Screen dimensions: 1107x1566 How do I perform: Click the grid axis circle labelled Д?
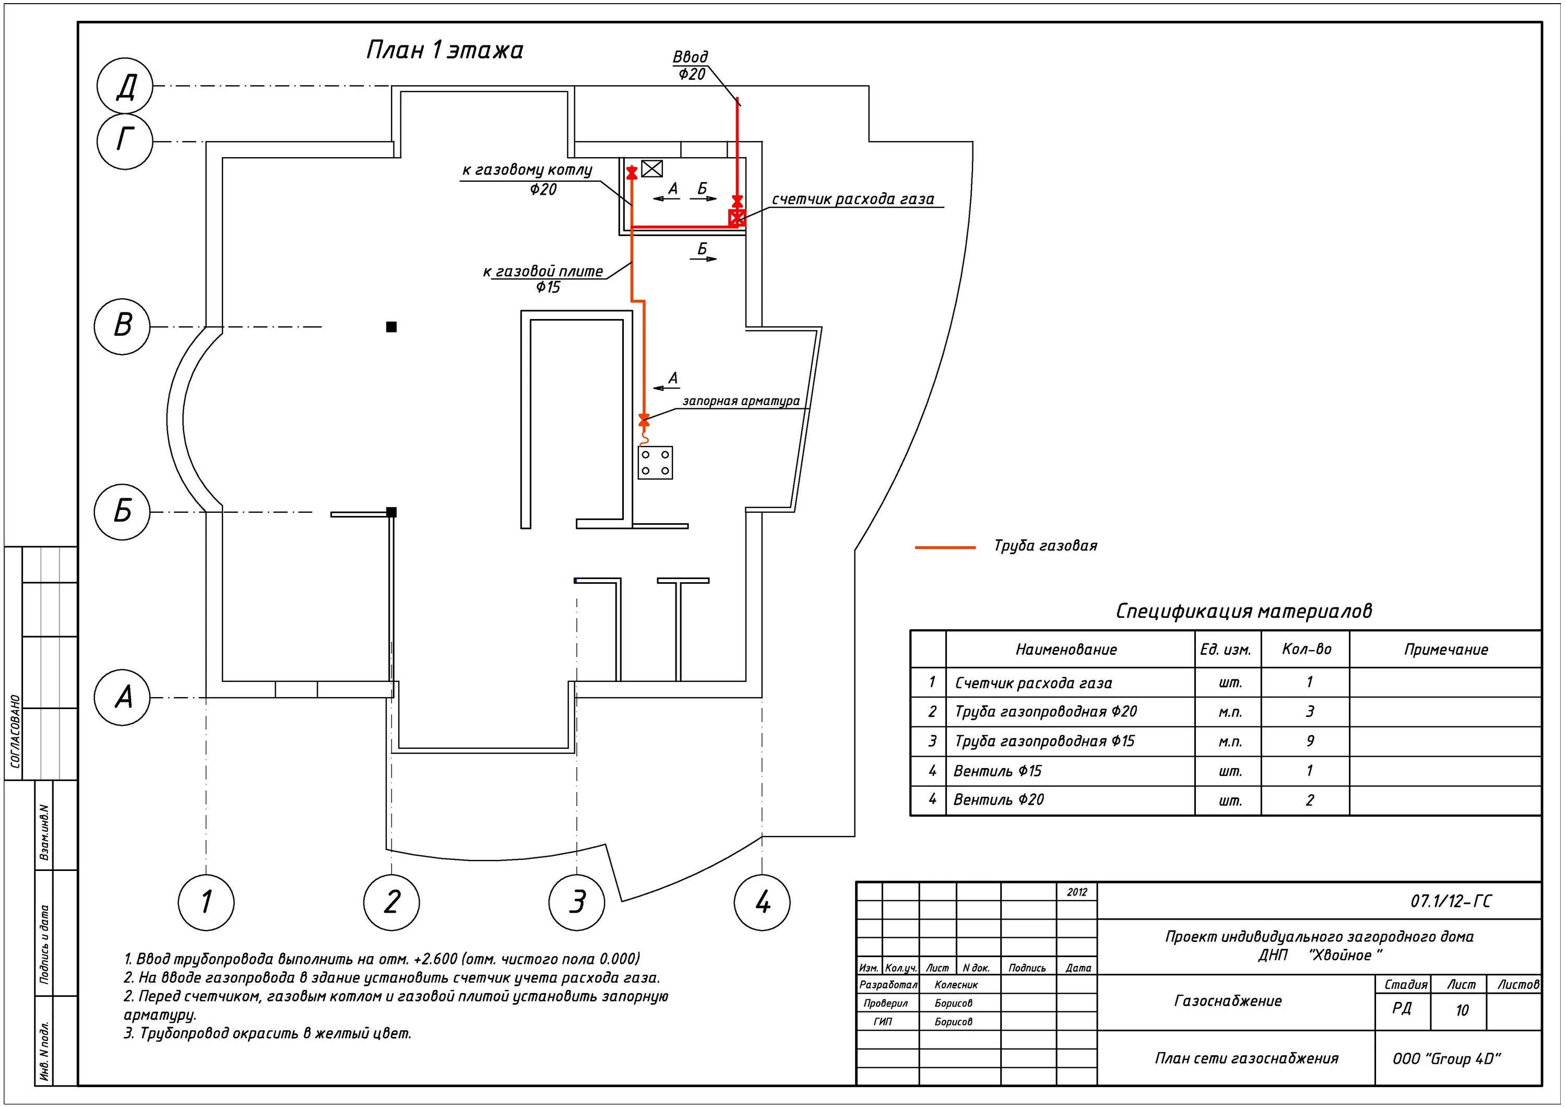[125, 86]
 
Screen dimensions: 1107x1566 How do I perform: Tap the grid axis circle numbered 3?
[577, 902]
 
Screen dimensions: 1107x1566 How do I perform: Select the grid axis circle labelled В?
[123, 325]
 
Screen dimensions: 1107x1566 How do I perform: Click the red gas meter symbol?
[737, 218]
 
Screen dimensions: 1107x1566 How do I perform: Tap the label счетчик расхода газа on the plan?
[852, 199]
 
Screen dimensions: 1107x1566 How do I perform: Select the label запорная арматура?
[741, 401]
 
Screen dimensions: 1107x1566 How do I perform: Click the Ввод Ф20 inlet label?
[691, 65]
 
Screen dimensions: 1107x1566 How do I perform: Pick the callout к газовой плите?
[543, 272]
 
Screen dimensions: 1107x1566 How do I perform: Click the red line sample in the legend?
[945, 547]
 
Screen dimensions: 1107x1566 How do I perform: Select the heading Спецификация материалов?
[1243, 611]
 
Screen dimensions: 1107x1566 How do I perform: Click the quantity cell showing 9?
[1310, 741]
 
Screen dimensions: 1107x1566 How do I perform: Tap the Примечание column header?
[1445, 650]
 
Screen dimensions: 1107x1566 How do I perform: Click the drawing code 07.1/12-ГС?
[1450, 902]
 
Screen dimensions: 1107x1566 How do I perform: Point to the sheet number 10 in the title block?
[1461, 1010]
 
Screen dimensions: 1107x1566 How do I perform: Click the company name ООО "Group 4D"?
[1446, 1058]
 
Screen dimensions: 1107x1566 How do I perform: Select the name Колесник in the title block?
[956, 985]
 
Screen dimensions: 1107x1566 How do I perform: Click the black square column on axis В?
[391, 327]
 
